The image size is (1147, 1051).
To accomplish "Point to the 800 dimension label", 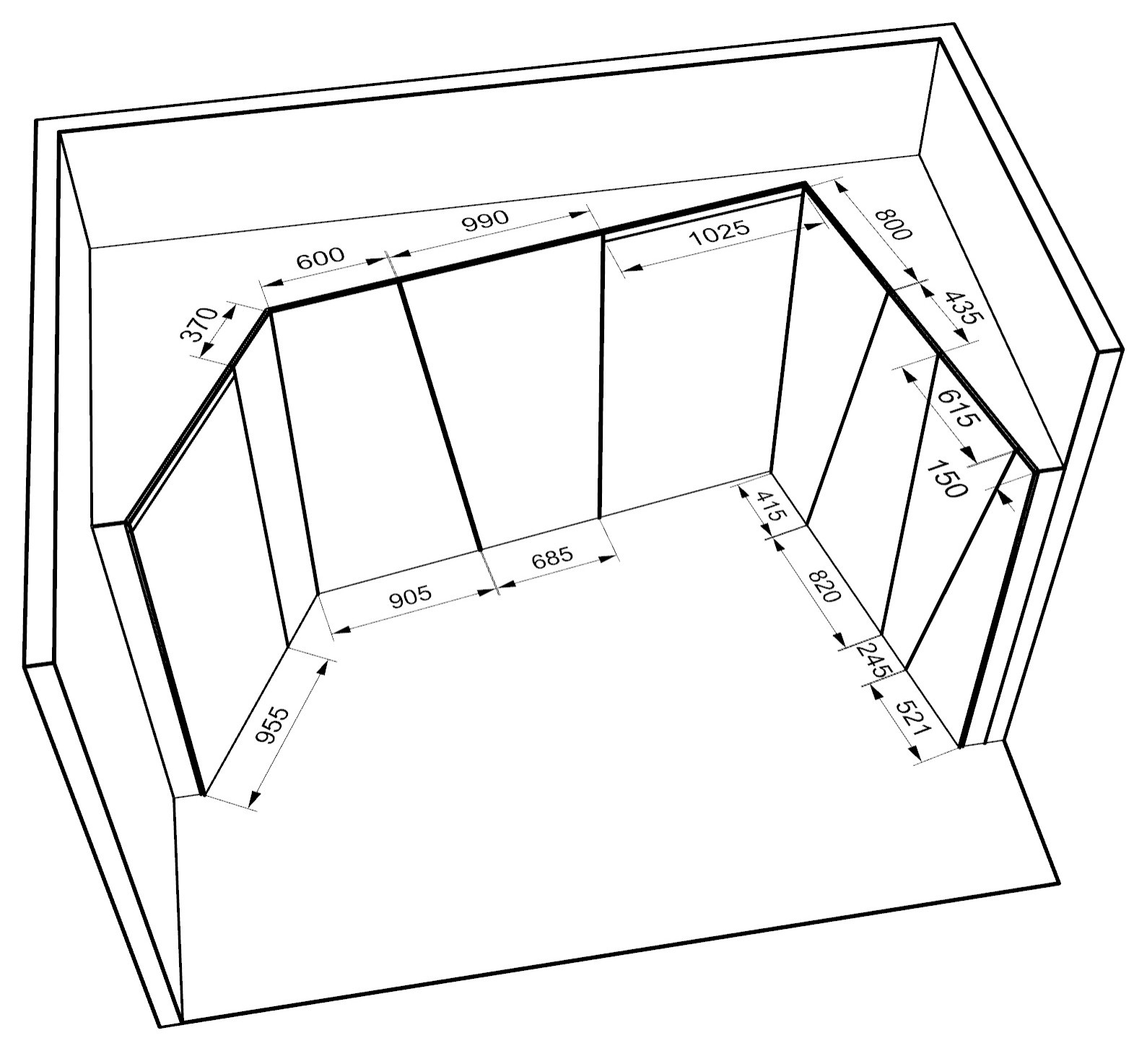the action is [893, 224].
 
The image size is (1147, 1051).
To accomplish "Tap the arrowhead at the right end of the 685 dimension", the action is [609, 557].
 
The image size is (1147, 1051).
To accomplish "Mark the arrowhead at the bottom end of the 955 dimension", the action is [254, 798].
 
